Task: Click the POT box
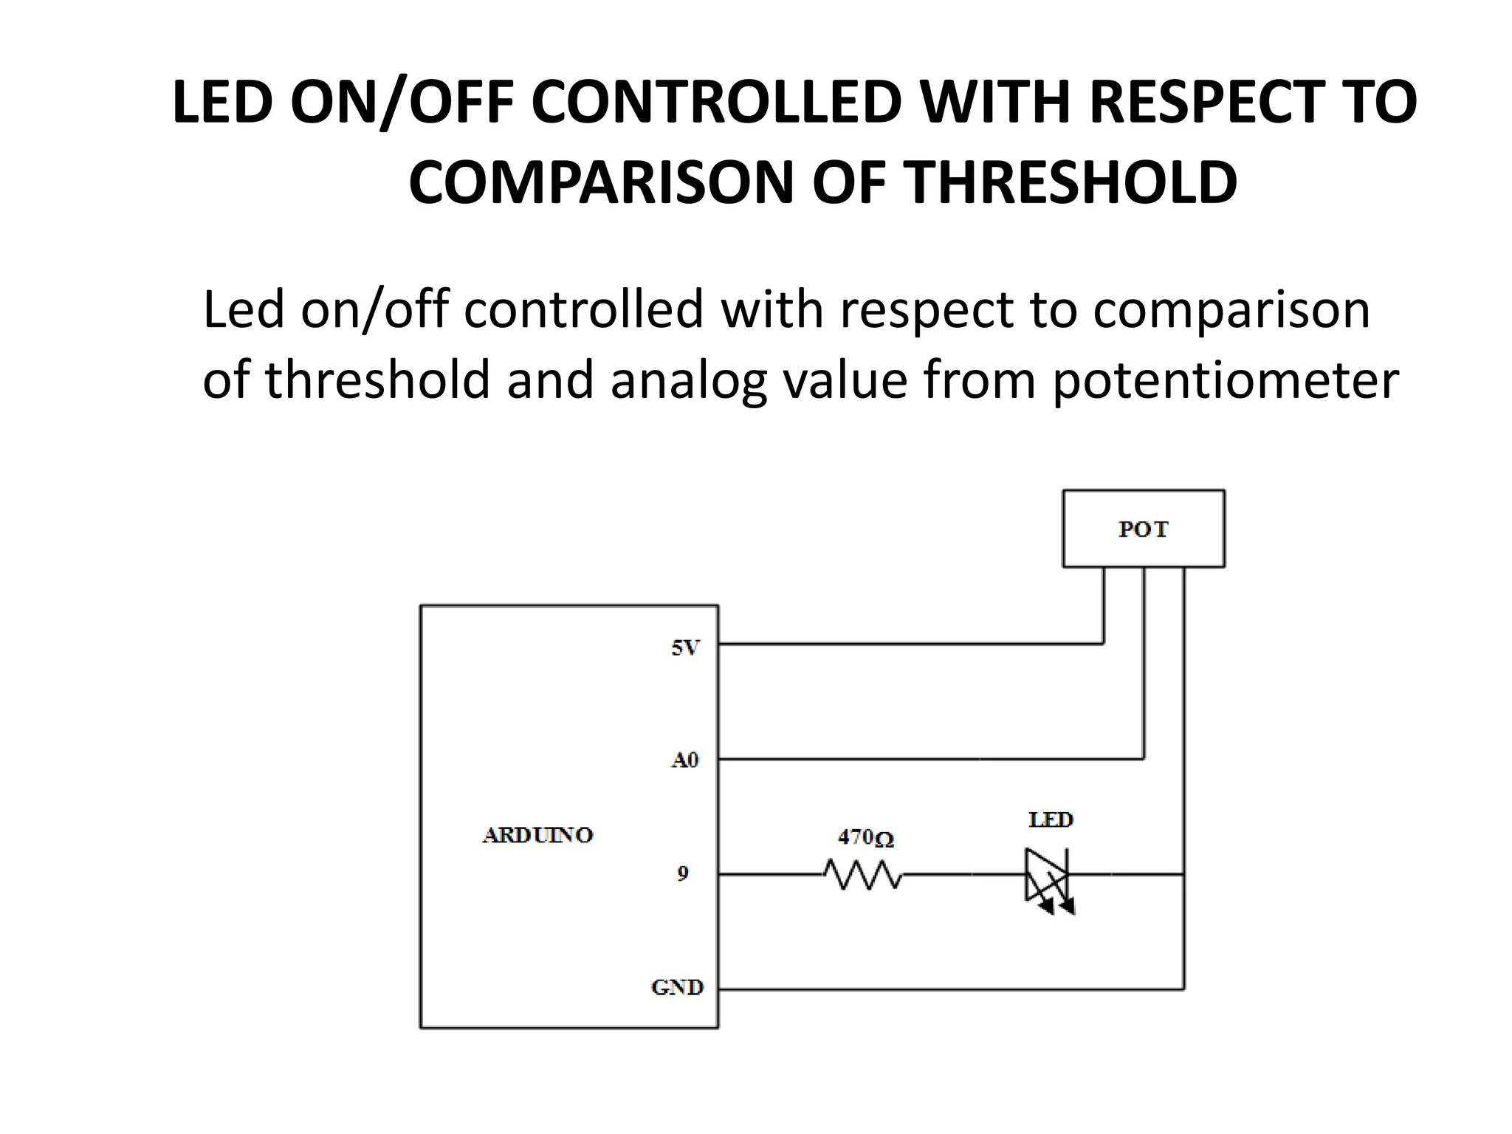1143,529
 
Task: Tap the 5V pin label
684,648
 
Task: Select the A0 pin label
684,760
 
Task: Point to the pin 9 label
683,874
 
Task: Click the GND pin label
677,987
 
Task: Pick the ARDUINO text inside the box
537,835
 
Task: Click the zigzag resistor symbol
863,875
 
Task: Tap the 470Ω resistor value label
865,838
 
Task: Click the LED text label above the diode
1051,819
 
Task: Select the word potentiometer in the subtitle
1226,379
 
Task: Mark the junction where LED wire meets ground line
1183,875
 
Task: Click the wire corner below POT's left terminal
1104,644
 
